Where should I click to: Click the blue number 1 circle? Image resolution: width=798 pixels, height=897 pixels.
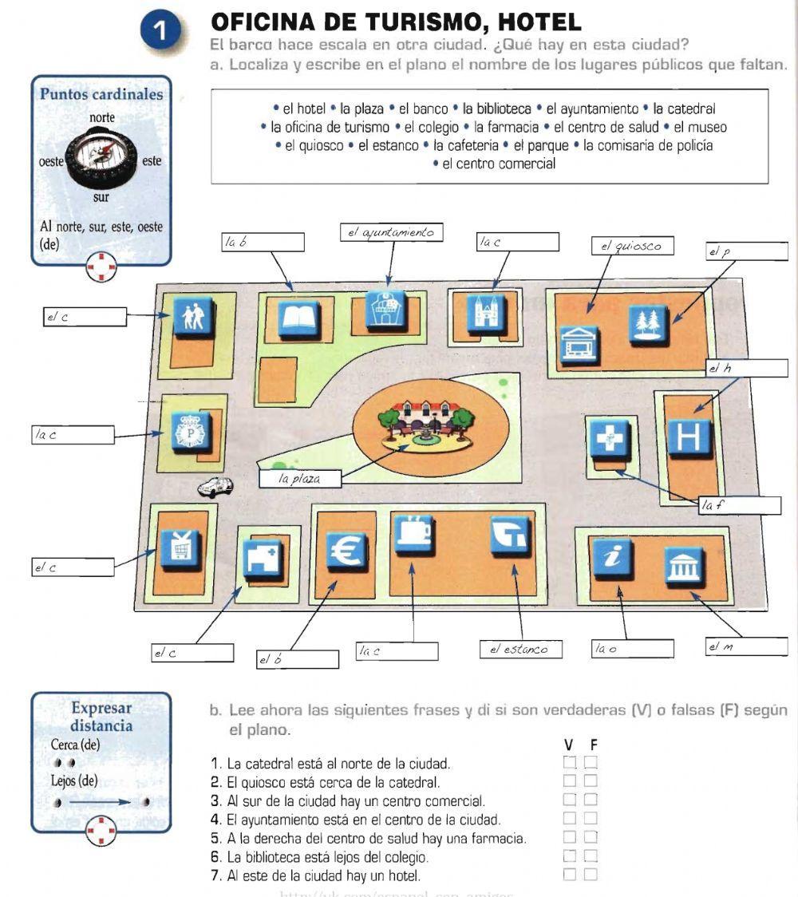(160, 33)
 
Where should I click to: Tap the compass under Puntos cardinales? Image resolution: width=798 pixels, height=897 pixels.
(101, 156)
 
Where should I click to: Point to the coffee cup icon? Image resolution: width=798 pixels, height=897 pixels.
(414, 534)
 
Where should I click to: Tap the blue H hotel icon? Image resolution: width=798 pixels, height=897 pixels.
(687, 434)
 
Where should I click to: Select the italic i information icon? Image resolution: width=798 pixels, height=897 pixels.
(612, 559)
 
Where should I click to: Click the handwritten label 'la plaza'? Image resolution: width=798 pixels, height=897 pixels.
(299, 479)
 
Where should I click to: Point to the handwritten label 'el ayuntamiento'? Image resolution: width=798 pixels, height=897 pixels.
(391, 232)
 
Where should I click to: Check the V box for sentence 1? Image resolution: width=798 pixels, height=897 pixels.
(570, 762)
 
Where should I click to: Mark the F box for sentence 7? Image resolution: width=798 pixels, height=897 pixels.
(591, 875)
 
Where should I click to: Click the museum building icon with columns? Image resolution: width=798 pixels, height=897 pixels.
(684, 567)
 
